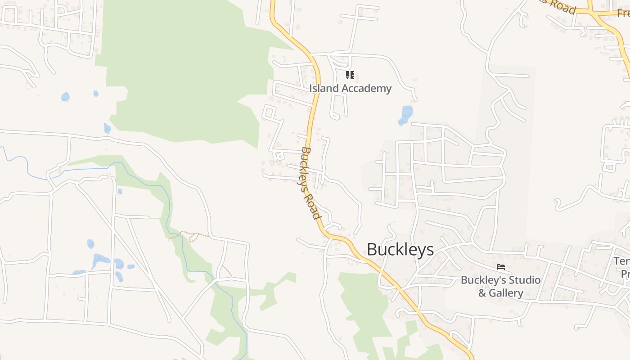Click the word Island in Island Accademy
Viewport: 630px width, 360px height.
tap(324, 88)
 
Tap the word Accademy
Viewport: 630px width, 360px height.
tap(366, 88)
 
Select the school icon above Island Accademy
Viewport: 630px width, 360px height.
tap(350, 75)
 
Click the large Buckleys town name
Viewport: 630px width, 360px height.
tap(400, 249)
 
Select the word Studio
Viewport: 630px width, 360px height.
tap(524, 280)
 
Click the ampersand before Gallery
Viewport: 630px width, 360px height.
tap(482, 293)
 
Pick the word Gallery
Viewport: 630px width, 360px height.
tap(506, 293)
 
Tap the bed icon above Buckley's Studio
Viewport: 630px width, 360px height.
tap(500, 267)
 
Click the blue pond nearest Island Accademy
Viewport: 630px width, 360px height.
tap(405, 115)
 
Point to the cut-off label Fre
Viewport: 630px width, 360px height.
tap(623, 13)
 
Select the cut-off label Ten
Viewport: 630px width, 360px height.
tap(621, 261)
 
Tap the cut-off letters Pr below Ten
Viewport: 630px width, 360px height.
tap(625, 274)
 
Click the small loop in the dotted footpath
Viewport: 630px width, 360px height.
tap(194, 237)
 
